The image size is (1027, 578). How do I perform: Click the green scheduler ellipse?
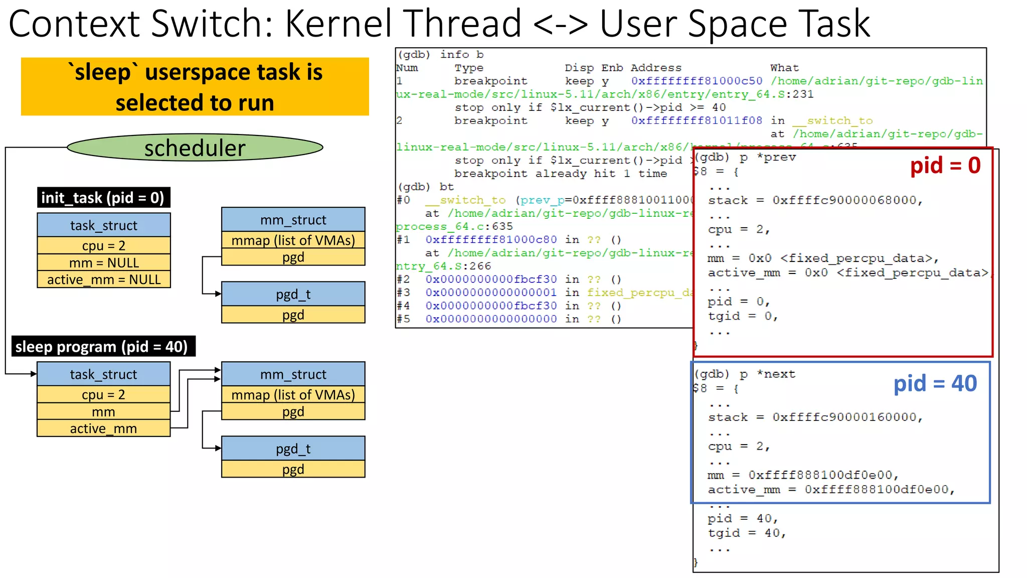[x=195, y=148]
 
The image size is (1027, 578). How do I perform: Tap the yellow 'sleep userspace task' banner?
[x=195, y=87]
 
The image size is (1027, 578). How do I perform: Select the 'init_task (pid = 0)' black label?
[x=103, y=198]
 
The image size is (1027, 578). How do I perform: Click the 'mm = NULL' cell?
[x=104, y=262]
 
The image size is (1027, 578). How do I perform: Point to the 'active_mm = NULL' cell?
[x=104, y=279]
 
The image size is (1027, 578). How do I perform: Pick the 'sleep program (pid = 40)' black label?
[x=102, y=347]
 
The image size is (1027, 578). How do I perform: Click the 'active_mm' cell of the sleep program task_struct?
[x=103, y=428]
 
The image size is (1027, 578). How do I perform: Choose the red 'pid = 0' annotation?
[x=945, y=166]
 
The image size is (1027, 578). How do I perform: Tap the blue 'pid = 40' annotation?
[x=935, y=384]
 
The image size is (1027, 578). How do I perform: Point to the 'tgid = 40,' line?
[x=746, y=533]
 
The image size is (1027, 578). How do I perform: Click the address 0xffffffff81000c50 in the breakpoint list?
[x=697, y=81]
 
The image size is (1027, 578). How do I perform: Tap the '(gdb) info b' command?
[x=440, y=55]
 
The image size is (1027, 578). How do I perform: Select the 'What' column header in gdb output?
[x=784, y=68]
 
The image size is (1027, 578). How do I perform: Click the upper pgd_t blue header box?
[x=293, y=294]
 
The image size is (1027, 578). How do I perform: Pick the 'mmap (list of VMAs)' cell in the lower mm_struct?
[x=293, y=395]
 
